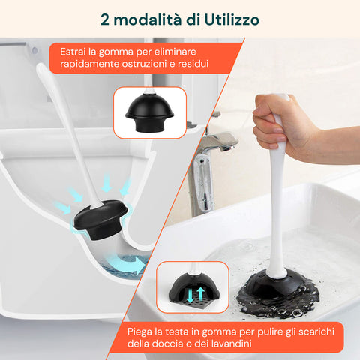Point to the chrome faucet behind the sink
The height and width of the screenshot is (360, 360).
pyautogui.click(x=217, y=139)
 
